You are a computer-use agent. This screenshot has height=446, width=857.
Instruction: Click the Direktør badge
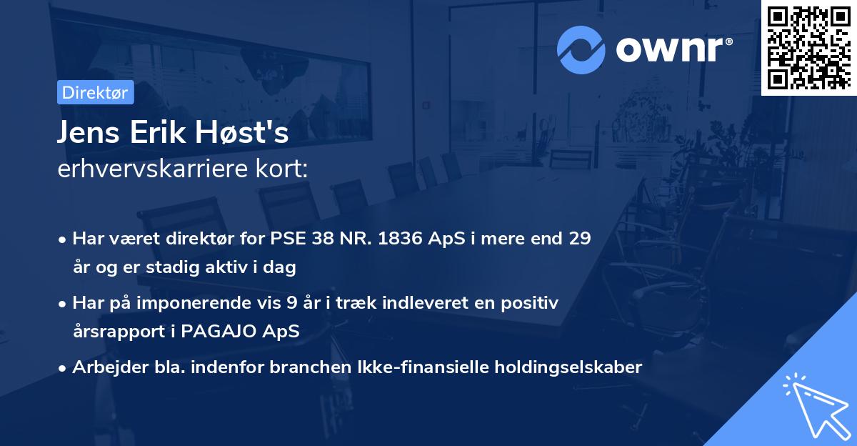pos(95,92)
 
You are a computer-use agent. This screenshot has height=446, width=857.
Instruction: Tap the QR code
pos(809,47)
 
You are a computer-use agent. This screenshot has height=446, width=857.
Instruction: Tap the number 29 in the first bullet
pos(579,239)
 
